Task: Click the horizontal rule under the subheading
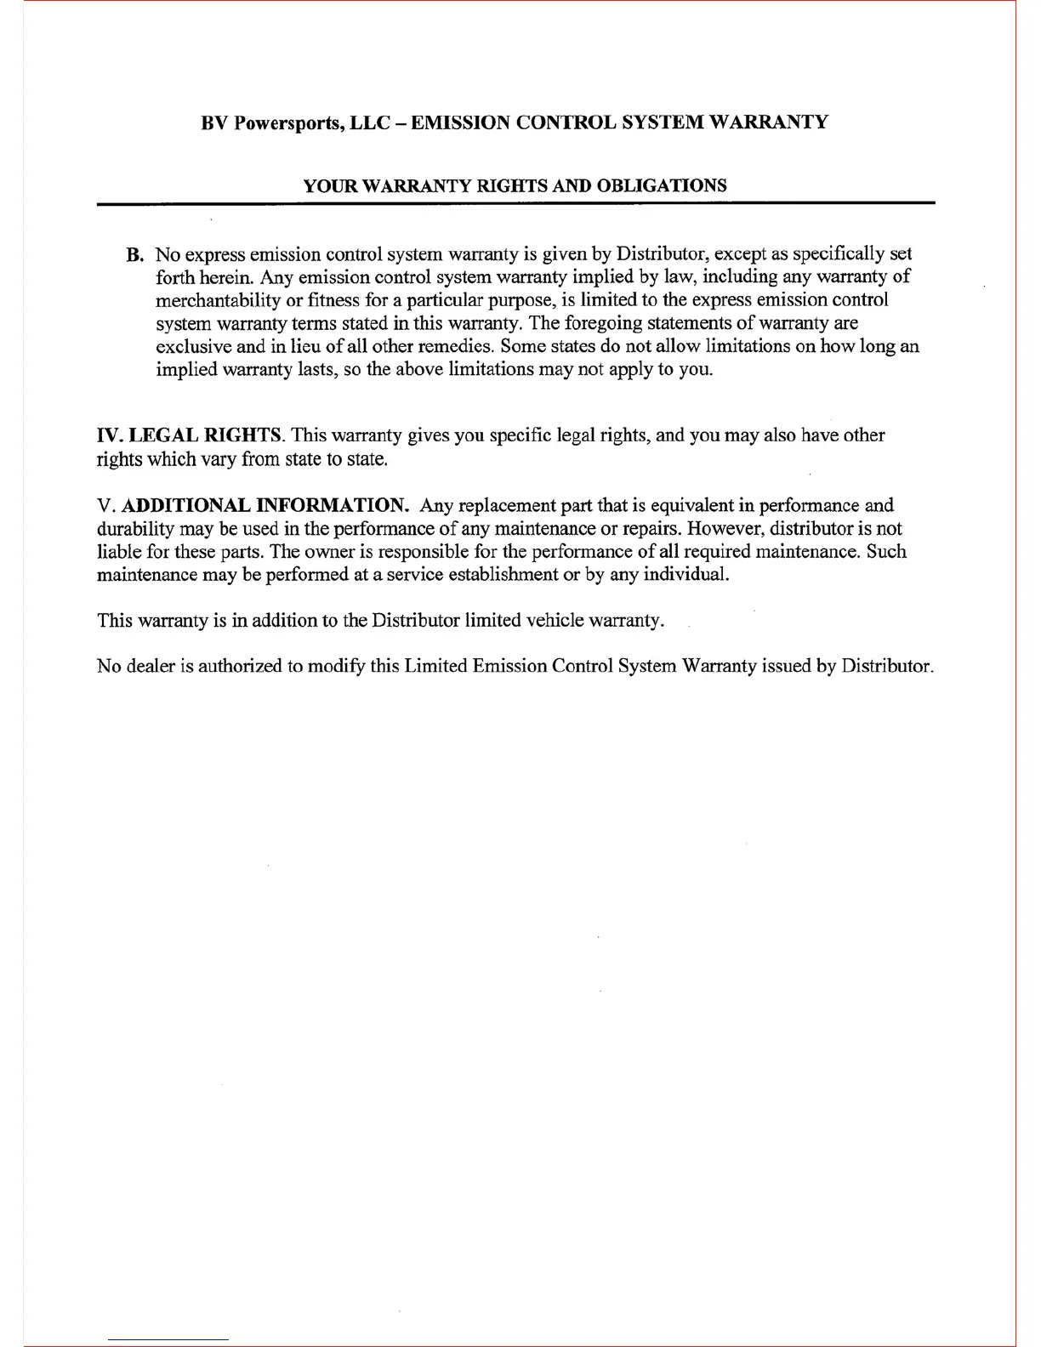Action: (x=515, y=204)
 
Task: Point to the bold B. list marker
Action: (x=134, y=255)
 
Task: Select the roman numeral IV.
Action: (x=110, y=436)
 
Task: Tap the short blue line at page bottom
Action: (x=168, y=1339)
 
